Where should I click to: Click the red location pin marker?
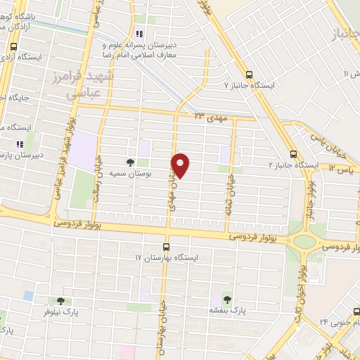click(181, 165)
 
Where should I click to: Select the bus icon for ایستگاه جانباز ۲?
click(293, 155)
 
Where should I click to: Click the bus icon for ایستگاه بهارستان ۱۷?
click(167, 247)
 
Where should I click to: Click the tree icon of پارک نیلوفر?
click(68, 301)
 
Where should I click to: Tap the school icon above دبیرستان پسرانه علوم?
click(139, 32)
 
